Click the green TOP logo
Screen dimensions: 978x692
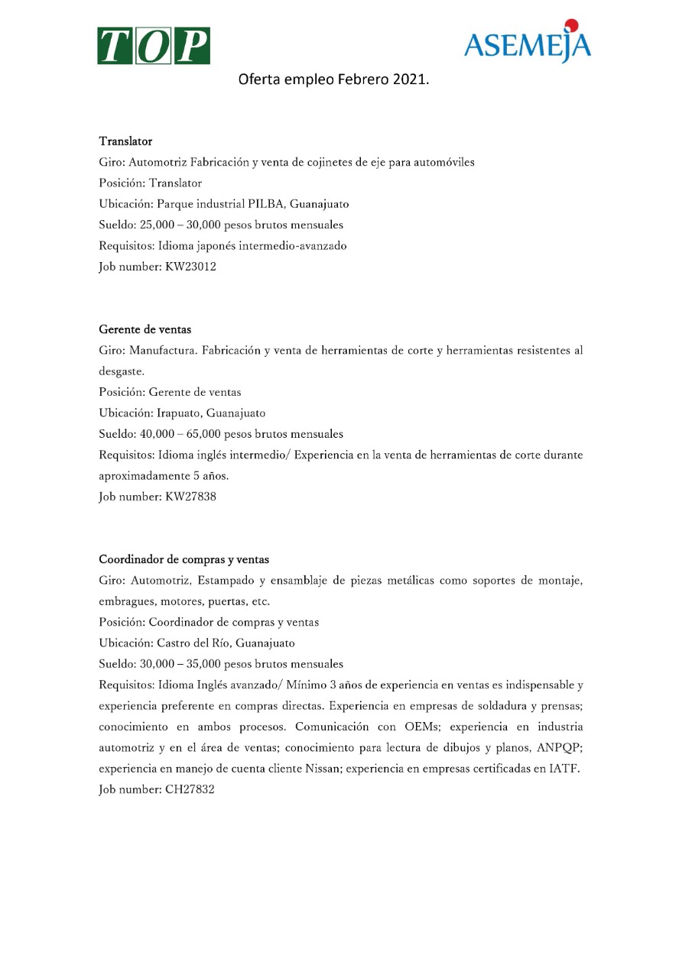(154, 46)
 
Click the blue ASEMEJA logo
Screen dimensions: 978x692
(527, 45)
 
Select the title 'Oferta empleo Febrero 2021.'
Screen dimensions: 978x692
(333, 79)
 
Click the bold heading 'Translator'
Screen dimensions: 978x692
(125, 141)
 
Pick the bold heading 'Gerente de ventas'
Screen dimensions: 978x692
(145, 329)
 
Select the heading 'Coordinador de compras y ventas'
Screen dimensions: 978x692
(184, 559)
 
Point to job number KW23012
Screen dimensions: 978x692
(190, 267)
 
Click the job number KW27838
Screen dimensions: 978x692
(190, 497)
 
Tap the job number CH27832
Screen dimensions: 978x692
(190, 789)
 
